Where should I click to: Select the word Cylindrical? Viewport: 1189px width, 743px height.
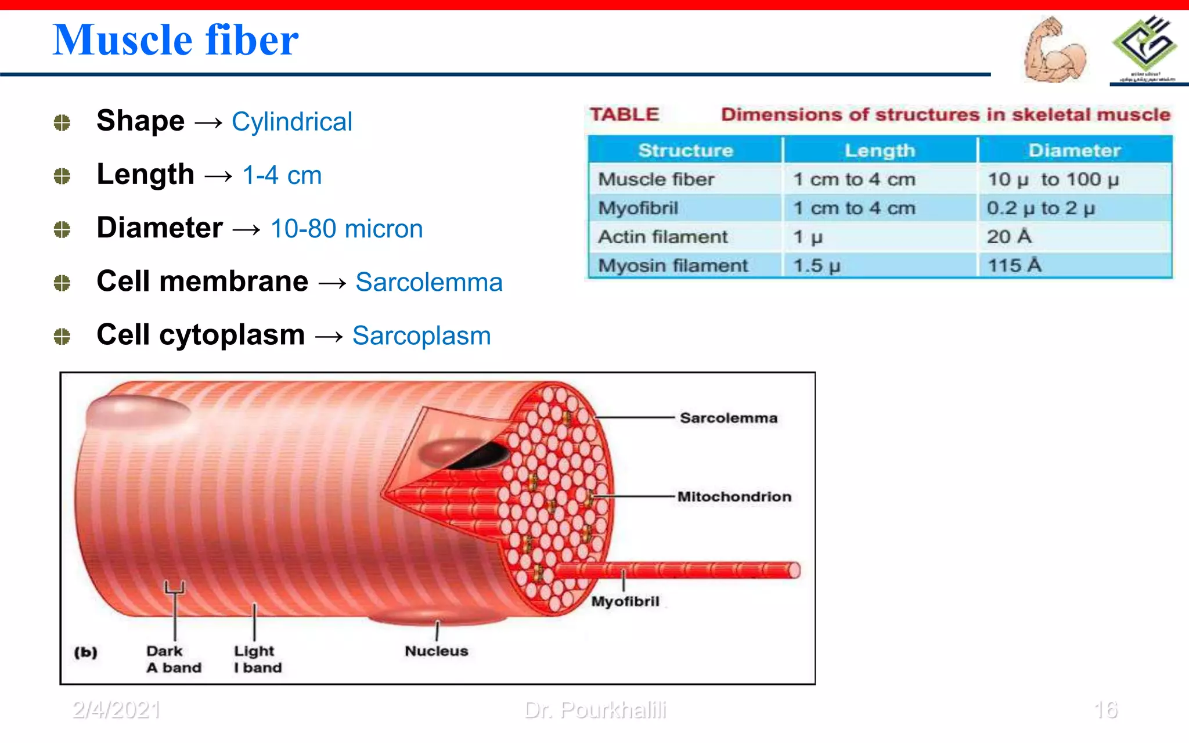tap(291, 122)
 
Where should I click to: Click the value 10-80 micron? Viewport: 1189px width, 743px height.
tap(347, 229)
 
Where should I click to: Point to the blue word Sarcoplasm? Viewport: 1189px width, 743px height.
tap(421, 336)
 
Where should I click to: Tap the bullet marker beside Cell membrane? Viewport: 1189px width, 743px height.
tap(62, 283)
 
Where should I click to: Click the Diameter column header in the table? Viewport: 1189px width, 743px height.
tap(1074, 150)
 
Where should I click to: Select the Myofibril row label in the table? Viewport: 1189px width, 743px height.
tap(638, 208)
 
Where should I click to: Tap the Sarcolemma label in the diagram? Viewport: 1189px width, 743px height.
tap(728, 418)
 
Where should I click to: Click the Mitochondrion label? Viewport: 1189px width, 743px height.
tap(734, 496)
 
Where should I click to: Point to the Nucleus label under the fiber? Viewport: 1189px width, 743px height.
tap(436, 651)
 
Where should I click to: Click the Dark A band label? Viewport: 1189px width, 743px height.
tap(173, 659)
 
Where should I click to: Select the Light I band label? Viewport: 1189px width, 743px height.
tap(257, 659)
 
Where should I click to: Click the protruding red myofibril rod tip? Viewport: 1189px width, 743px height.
tap(793, 570)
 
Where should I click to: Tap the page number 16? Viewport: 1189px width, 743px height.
tap(1105, 710)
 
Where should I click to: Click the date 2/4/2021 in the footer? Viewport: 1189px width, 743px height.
tap(116, 710)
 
